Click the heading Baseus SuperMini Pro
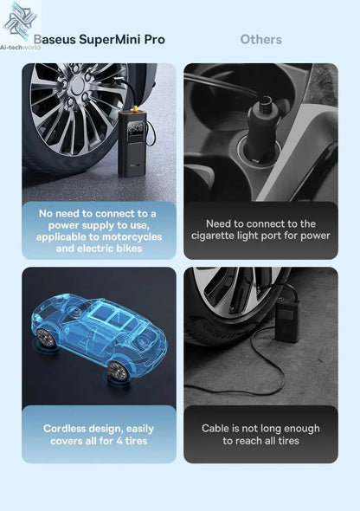98,39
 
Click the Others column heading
260,39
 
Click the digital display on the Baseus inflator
132,131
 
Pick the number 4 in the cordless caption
120,441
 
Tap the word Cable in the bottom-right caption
215,429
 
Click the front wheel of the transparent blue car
117,372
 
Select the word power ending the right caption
314,236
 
